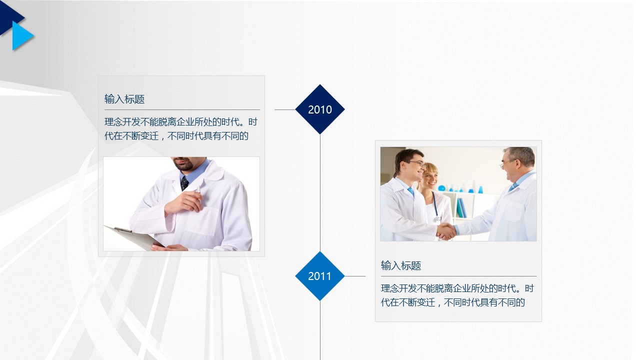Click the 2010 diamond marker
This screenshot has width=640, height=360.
pos(320,109)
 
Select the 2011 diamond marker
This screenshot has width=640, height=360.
pos(320,276)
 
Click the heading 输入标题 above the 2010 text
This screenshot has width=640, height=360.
pos(124,99)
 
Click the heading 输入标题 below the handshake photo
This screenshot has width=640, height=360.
pos(401,265)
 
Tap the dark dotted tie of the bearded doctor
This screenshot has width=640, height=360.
pos(184,183)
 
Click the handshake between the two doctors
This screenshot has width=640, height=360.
pos(445,231)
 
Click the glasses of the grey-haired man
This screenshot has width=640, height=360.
pos(507,163)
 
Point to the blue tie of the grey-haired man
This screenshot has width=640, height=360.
pos(513,187)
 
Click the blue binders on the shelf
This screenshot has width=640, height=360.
pos(461,208)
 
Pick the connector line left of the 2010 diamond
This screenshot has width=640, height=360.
pos(285,109)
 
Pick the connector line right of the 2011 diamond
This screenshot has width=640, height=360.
pos(355,276)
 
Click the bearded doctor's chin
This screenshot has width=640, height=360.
pos(185,166)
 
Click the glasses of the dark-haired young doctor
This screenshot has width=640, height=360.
pos(417,163)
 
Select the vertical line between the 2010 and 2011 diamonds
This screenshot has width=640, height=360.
pos(320,193)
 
